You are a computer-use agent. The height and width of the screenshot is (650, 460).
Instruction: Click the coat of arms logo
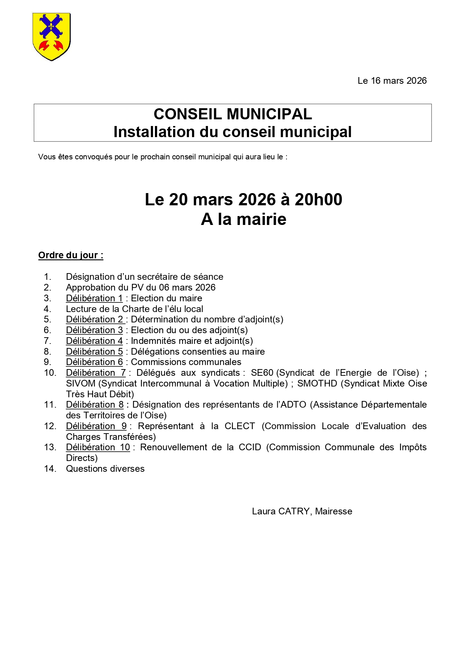click(52, 36)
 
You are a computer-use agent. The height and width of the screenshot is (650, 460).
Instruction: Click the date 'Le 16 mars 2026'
click(392, 81)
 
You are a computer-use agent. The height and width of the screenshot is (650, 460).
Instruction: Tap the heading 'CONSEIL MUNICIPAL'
click(232, 114)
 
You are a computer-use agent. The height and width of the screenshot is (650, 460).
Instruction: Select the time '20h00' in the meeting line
click(318, 200)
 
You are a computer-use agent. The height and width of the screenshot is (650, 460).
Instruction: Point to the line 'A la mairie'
click(244, 219)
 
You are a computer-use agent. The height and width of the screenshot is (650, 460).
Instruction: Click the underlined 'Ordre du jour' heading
click(70, 255)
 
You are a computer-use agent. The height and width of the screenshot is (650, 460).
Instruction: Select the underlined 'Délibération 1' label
click(94, 298)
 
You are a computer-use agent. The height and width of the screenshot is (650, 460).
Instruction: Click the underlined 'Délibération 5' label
click(94, 352)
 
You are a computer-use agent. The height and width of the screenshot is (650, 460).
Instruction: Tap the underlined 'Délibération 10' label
click(98, 447)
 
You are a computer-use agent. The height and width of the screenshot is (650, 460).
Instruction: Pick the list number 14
click(50, 469)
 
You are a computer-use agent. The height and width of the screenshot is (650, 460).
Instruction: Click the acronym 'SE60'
click(262, 373)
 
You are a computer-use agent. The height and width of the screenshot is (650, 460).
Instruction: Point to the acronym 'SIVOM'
click(80, 384)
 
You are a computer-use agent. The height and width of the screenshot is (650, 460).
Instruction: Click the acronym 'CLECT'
click(239, 426)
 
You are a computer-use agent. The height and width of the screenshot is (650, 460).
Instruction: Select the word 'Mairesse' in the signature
click(334, 511)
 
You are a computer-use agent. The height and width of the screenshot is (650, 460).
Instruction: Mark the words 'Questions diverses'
click(105, 469)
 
